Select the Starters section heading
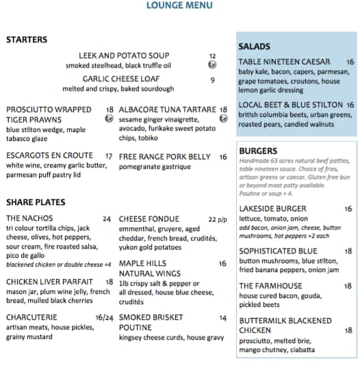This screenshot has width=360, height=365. point(27,40)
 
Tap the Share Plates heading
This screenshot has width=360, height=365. point(36,202)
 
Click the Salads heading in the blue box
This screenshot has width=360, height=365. point(254,46)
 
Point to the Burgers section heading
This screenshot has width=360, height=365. point(258,151)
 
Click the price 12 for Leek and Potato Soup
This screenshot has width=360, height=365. point(212,56)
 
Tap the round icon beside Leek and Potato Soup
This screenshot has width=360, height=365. point(213,66)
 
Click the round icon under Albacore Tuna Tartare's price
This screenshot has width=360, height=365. point(223,119)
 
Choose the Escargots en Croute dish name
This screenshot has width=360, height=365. point(49,156)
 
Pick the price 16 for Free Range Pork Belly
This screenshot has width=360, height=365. point(223,157)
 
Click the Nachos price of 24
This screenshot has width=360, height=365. point(107,219)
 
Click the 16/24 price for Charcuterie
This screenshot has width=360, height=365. point(105,318)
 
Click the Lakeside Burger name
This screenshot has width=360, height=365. point(272,208)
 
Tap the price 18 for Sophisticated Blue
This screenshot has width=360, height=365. point(348,251)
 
